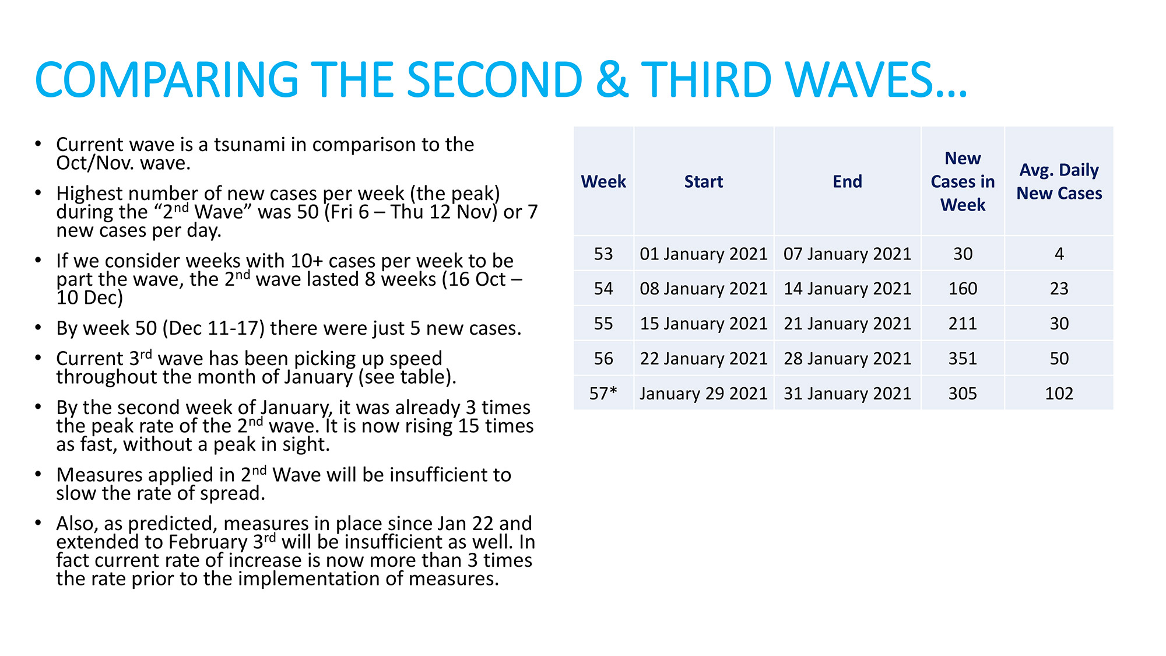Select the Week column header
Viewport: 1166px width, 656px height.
603,181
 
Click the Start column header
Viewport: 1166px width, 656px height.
704,181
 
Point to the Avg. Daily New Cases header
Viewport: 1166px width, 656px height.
1059,181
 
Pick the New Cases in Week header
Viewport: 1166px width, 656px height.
963,181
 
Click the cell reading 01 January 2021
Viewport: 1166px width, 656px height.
704,254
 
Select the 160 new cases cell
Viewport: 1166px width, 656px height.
963,289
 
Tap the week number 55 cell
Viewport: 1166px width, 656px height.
603,324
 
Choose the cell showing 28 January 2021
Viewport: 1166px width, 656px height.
847,359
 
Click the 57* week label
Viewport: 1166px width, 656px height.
603,393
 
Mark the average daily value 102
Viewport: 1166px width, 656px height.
1059,394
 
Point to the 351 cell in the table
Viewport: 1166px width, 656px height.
963,359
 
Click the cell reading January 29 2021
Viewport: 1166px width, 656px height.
704,394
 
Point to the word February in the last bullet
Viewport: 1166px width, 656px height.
208,542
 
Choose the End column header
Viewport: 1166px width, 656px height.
847,181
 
